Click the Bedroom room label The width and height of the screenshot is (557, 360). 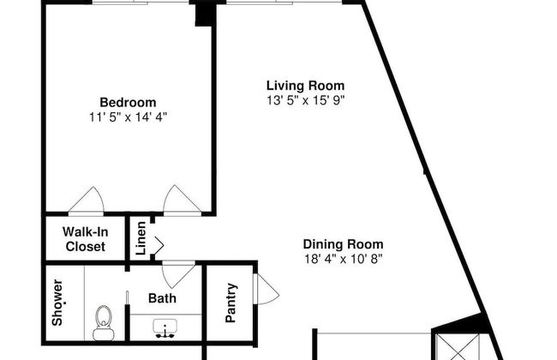coord(128,102)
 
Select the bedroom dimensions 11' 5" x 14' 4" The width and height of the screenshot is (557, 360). coord(128,117)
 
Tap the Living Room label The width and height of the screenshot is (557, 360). coord(305,85)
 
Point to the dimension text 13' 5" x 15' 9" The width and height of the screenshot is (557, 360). coord(305,99)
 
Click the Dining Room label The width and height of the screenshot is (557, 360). coord(343,243)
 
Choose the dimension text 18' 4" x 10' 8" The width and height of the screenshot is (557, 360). coord(343,258)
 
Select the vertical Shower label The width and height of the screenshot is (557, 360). coord(57,303)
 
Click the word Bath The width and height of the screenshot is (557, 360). coord(162,298)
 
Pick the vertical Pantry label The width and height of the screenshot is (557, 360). coord(231,303)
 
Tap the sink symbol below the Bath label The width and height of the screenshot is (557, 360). coord(164,327)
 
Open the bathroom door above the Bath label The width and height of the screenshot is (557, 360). coord(178,274)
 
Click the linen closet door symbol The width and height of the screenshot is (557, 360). coord(158,246)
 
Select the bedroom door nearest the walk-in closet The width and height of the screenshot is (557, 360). coord(87,201)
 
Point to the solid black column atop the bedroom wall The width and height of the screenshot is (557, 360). coord(205,13)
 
